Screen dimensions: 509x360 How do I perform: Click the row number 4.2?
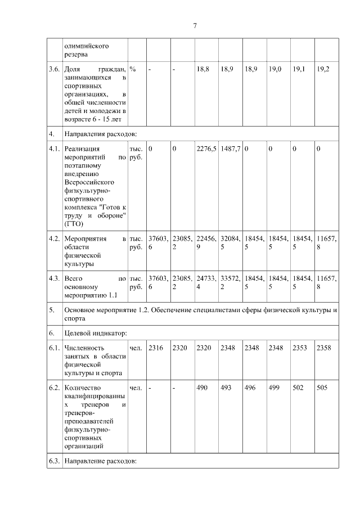pyautogui.click(x=54, y=238)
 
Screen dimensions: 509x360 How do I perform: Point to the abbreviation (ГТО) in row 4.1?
pyautogui.click(x=74, y=223)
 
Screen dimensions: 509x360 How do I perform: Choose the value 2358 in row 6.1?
pyautogui.click(x=324, y=348)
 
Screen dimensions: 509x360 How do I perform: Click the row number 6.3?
pyautogui.click(x=54, y=461)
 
